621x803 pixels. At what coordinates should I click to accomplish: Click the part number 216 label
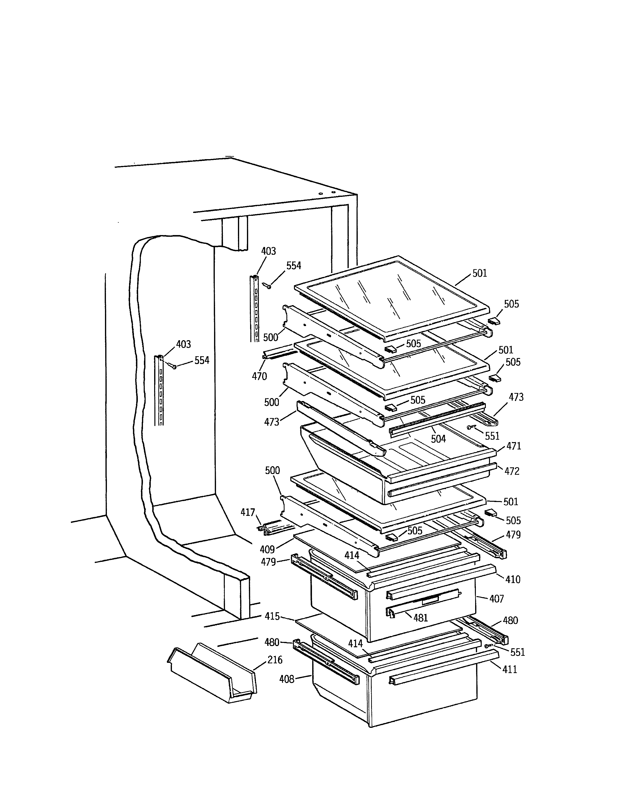(x=275, y=660)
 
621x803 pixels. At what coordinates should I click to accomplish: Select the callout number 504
(x=438, y=439)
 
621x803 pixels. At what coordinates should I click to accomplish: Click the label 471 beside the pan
(x=514, y=446)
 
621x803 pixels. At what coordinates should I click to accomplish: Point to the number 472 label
(x=512, y=471)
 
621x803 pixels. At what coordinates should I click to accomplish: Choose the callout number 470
(x=259, y=376)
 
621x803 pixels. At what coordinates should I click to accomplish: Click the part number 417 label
(x=248, y=512)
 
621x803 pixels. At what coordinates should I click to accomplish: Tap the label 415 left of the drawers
(x=272, y=616)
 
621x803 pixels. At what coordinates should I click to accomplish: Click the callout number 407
(x=496, y=599)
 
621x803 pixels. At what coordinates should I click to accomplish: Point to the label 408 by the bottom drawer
(x=287, y=679)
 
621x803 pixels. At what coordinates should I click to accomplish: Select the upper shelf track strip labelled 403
(x=254, y=309)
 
